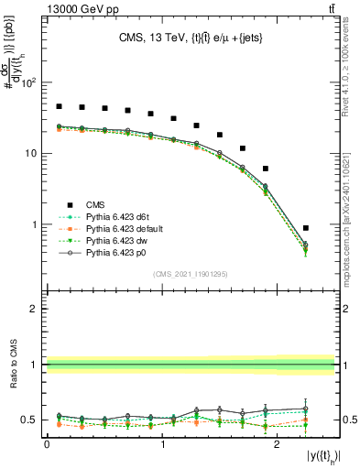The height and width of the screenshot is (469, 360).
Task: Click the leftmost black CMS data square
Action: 59,106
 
